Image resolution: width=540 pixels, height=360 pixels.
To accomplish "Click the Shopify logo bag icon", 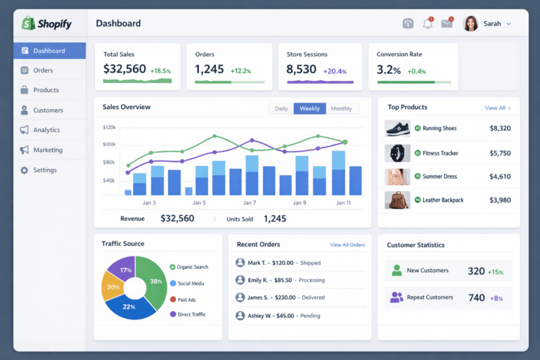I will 28,23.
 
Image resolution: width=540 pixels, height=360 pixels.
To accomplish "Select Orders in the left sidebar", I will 43,70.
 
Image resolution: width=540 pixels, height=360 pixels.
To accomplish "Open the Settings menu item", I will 44,170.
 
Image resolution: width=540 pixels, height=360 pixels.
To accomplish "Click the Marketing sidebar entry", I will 47,150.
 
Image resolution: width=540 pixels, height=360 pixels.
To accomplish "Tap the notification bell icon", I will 427,24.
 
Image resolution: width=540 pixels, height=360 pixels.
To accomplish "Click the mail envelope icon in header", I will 446,24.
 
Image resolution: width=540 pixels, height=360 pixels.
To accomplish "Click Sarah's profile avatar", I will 470,24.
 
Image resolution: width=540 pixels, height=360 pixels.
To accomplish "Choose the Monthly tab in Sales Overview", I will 341,108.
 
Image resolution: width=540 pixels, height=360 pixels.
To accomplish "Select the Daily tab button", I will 281,108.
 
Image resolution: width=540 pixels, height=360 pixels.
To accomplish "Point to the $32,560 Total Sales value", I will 124,69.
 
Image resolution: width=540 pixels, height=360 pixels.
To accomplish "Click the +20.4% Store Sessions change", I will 335,71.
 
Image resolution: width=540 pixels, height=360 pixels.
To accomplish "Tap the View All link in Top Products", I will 497,108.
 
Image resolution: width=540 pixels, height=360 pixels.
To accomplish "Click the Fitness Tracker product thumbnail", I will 397,153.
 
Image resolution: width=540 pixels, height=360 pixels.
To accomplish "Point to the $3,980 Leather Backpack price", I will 500,200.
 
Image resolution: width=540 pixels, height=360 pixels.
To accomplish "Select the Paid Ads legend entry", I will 186,300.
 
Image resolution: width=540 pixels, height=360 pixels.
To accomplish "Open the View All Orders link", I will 347,245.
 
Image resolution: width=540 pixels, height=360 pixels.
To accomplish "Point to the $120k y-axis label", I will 109,127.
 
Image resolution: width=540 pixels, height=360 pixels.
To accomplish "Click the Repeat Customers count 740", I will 476,297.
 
